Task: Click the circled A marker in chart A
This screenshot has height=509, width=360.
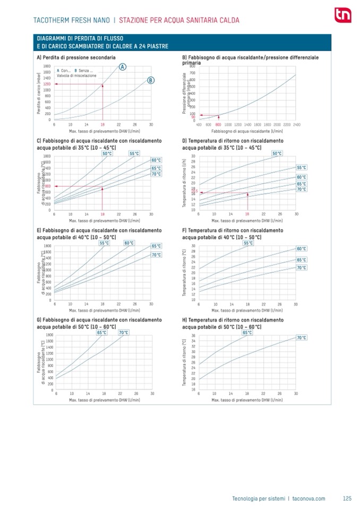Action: [123, 67]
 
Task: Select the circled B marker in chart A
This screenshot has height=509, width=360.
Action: [151, 81]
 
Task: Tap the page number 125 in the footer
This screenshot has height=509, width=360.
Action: [347, 498]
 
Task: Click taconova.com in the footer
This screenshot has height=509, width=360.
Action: [308, 498]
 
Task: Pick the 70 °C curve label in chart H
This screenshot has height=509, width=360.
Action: [301, 338]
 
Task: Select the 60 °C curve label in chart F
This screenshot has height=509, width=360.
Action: [301, 248]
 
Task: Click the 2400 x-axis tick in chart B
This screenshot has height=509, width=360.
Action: [296, 125]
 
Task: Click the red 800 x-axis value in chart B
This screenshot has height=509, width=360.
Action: [218, 125]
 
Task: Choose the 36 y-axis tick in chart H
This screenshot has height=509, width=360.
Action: [193, 335]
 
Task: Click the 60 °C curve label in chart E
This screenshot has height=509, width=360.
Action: [128, 243]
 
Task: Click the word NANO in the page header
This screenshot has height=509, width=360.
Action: [100, 21]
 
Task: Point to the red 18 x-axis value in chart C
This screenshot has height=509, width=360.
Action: [102, 214]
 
